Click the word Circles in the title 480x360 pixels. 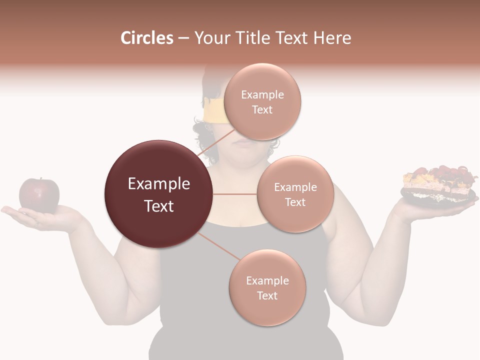pos(146,38)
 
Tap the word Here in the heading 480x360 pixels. pos(331,38)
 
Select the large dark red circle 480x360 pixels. pos(159,194)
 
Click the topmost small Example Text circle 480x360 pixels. pos(262,101)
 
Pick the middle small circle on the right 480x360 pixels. pos(295,194)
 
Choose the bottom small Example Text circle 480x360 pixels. pos(267,287)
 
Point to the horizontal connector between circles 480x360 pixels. pos(235,194)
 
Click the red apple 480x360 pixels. pos(39,195)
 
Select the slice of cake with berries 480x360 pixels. pos(437,180)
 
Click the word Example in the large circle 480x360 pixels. pos(159,184)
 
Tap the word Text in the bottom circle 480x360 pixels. pos(267,295)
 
